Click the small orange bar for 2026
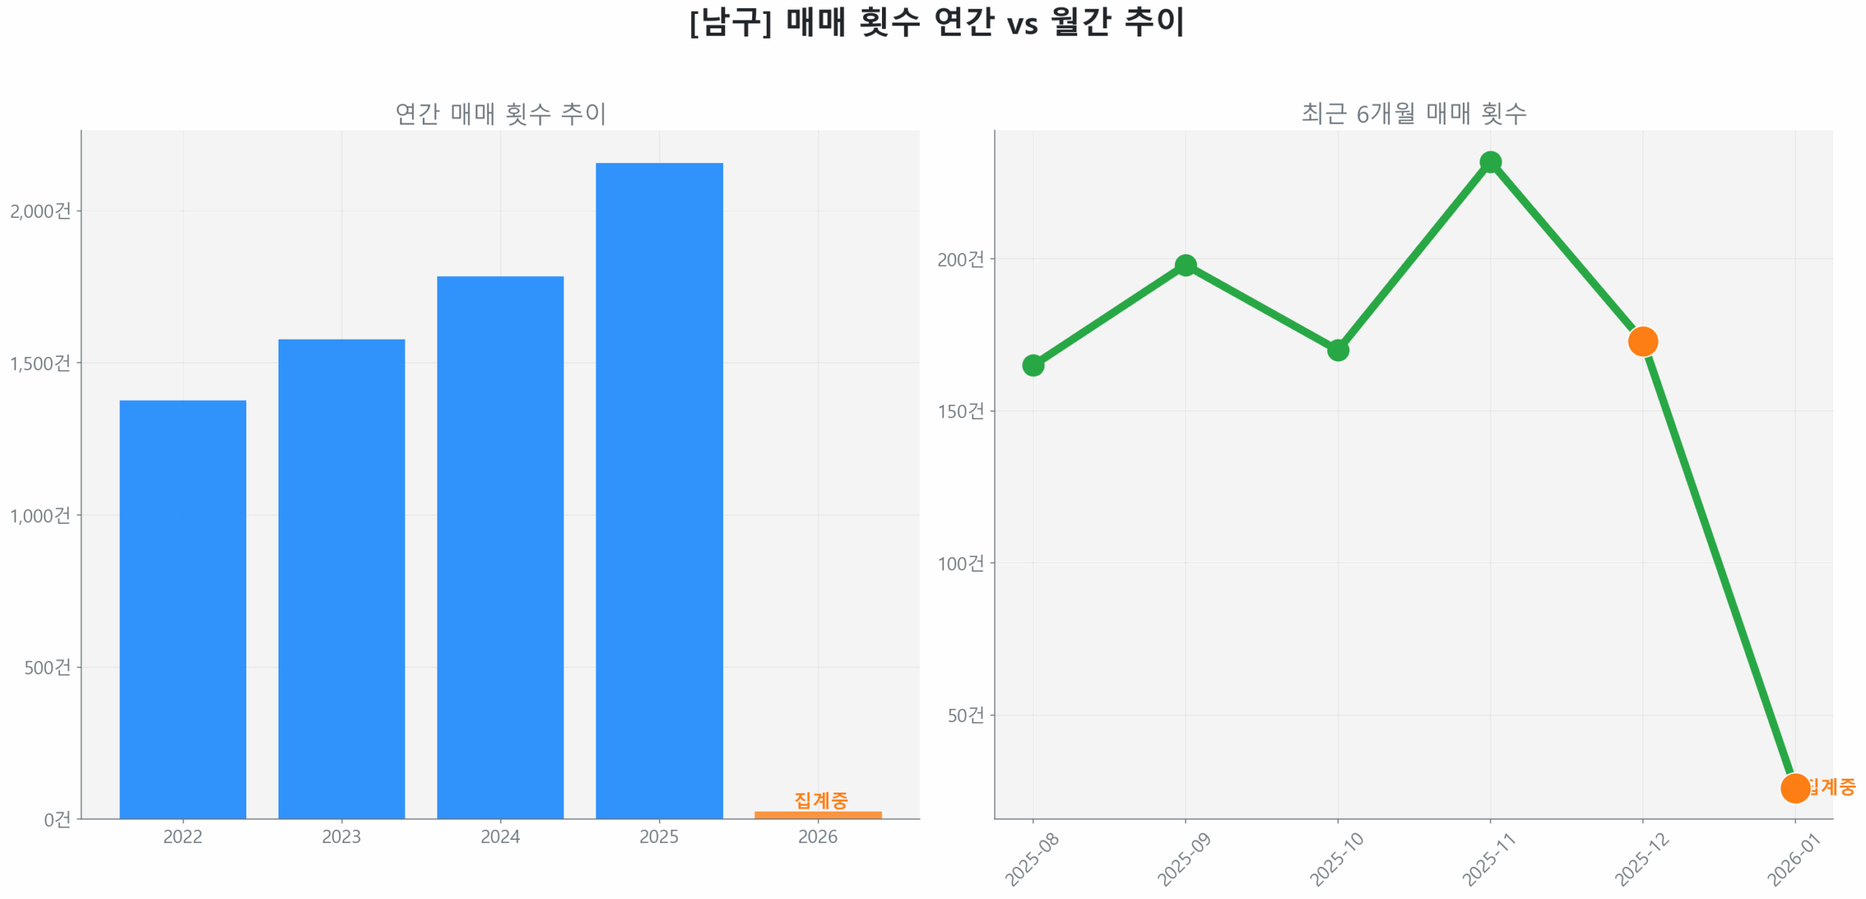click(818, 814)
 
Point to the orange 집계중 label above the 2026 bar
click(821, 800)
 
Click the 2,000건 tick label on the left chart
click(41, 211)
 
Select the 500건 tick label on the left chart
click(47, 667)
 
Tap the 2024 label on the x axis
click(500, 836)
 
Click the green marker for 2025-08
click(1033, 365)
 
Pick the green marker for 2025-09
click(1185, 265)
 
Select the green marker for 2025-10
click(1338, 350)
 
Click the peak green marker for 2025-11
click(1491, 162)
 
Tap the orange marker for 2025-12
click(1643, 341)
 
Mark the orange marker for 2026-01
click(1795, 788)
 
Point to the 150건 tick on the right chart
click(961, 412)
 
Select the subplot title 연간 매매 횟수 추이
click(500, 114)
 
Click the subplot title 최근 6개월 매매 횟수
click(1413, 114)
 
